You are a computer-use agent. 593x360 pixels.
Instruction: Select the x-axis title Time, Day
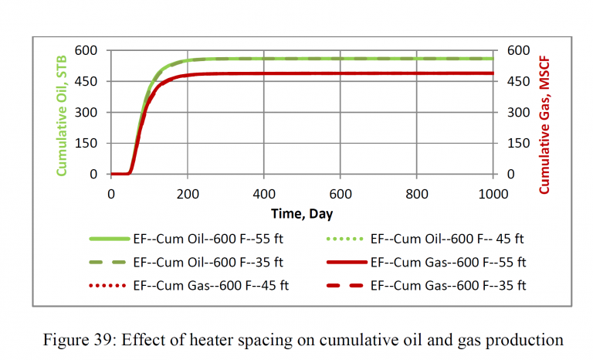pyautogui.click(x=302, y=213)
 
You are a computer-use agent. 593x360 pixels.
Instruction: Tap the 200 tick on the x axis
pyautogui.click(x=188, y=192)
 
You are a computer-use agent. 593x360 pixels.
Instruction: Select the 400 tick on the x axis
pyautogui.click(x=264, y=192)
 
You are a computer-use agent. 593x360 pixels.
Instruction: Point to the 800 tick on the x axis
pyautogui.click(x=417, y=192)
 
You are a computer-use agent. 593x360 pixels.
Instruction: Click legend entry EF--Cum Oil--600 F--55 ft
pyautogui.click(x=208, y=239)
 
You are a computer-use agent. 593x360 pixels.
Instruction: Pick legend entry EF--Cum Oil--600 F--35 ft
pyautogui.click(x=208, y=262)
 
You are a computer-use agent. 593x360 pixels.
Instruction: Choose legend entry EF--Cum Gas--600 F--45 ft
pyautogui.click(x=208, y=285)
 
